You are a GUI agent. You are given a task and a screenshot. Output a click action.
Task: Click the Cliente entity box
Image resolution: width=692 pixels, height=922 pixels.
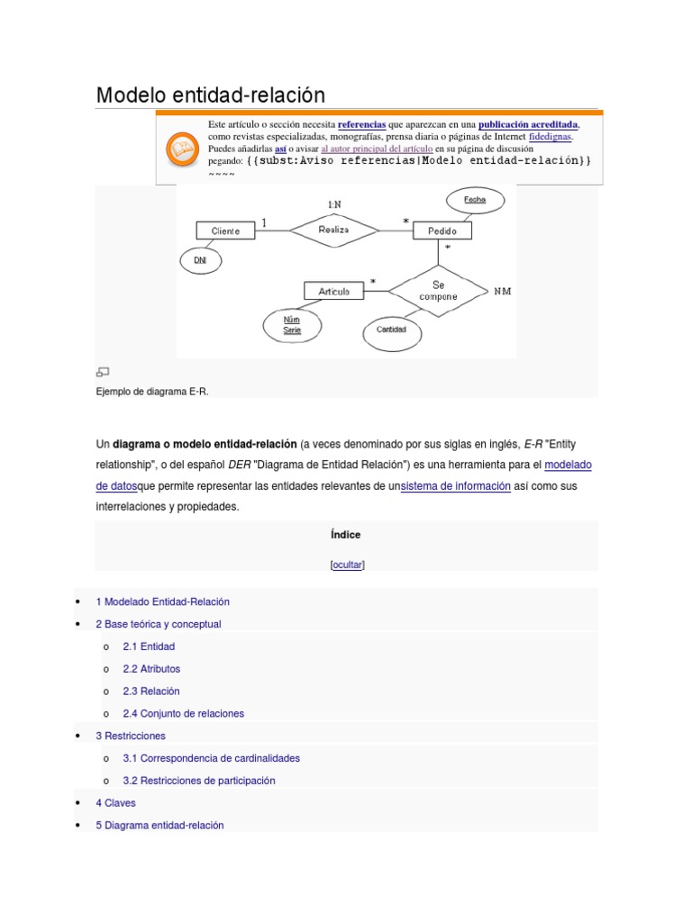(225, 230)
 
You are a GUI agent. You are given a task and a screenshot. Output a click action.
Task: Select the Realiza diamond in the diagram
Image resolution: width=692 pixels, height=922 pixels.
(333, 230)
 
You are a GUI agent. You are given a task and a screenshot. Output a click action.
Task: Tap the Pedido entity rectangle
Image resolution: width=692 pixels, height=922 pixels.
(442, 230)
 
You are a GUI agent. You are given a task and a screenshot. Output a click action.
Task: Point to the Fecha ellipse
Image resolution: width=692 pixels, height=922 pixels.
(474, 200)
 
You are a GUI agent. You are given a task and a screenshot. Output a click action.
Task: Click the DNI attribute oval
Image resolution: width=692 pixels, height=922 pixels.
(200, 260)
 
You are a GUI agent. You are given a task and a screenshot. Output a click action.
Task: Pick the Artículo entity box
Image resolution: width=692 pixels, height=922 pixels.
(333, 291)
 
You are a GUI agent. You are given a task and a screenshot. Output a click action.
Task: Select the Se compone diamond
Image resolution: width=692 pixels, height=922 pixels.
(438, 290)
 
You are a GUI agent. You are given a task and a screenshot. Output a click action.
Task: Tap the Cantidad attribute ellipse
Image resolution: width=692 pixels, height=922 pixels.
(391, 330)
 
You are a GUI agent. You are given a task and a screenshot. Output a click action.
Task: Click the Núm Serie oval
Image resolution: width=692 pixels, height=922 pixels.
(291, 325)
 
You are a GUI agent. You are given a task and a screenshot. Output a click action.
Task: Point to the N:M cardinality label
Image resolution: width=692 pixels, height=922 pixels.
(502, 292)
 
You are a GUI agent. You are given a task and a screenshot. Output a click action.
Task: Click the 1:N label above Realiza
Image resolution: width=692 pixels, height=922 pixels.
(333, 204)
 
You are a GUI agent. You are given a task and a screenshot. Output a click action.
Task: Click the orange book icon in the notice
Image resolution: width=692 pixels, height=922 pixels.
(183, 149)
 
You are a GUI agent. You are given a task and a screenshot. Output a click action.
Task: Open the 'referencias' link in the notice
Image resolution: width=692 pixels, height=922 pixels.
(361, 124)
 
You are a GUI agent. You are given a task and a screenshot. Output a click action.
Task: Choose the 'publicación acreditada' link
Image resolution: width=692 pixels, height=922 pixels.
(528, 124)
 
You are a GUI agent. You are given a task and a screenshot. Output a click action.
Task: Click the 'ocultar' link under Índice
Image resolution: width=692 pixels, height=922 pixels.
(347, 565)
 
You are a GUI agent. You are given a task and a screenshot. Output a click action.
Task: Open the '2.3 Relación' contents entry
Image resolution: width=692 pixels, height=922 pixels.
(151, 691)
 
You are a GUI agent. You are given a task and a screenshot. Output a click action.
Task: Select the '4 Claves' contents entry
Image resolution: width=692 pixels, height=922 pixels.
(115, 802)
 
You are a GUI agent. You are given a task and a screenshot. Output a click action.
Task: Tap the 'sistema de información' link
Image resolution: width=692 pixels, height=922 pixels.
(455, 485)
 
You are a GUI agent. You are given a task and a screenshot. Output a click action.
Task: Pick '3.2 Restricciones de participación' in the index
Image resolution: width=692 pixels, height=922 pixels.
(199, 780)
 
